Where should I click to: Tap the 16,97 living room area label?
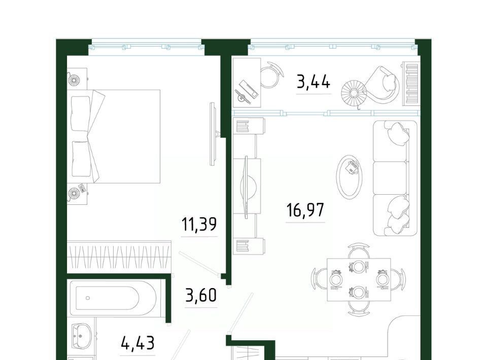click(305, 210)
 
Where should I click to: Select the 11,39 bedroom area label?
click(199, 225)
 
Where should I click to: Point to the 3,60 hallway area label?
click(201, 296)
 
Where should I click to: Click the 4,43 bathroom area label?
click(137, 344)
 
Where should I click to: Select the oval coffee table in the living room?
click(350, 176)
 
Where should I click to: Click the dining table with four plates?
click(359, 279)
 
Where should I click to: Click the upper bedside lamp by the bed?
click(74, 80)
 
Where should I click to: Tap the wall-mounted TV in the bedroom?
click(213, 134)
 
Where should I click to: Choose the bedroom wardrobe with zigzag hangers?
click(119, 257)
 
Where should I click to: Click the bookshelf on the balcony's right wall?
click(411, 83)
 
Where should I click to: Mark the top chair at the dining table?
click(359, 250)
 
